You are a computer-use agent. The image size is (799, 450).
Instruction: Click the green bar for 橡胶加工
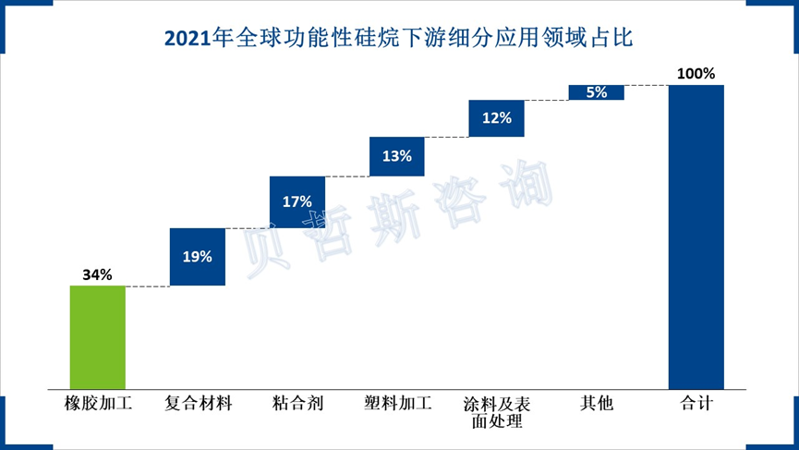(98, 337)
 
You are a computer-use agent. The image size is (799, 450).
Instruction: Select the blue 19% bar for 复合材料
(198, 257)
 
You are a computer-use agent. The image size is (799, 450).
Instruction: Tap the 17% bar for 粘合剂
(297, 201)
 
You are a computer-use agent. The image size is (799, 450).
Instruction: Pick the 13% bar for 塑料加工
(397, 156)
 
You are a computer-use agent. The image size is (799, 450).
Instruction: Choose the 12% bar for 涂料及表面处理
(497, 118)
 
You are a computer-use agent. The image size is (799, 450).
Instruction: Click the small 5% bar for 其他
(596, 92)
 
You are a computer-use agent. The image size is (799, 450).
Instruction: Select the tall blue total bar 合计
(696, 237)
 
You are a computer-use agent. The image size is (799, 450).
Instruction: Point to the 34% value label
(97, 274)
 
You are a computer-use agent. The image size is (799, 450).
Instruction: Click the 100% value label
(696, 73)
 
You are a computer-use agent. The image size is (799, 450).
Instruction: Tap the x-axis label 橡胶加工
(98, 404)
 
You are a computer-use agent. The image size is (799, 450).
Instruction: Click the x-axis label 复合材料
(198, 404)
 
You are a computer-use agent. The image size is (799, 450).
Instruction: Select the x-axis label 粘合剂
(297, 404)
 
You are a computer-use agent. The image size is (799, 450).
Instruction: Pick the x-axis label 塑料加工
(397, 404)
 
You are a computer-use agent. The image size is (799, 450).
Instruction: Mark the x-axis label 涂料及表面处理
(497, 412)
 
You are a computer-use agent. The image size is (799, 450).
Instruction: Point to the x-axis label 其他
(596, 404)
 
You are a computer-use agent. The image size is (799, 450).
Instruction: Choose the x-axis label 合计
(696, 404)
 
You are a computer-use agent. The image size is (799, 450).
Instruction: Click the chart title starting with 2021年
(398, 38)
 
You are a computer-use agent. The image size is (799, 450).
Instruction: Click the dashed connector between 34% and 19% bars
(148, 286)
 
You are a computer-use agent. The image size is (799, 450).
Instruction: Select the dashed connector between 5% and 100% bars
(647, 86)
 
